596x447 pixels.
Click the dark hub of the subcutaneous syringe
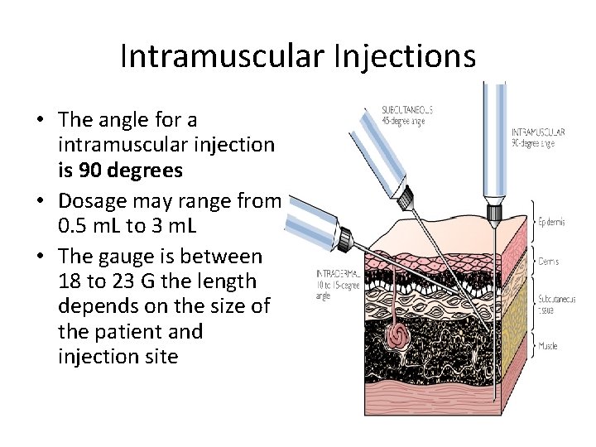[x=405, y=197]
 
